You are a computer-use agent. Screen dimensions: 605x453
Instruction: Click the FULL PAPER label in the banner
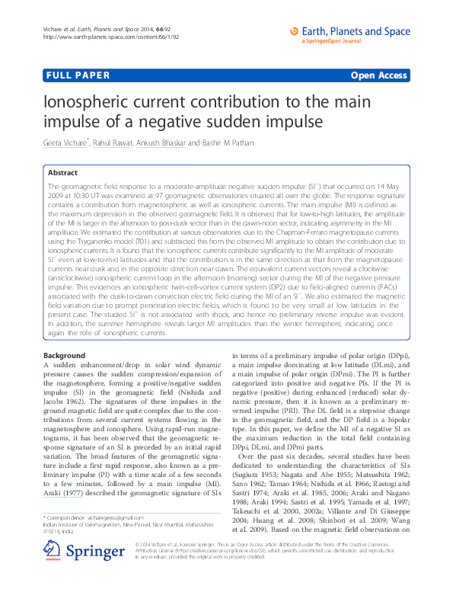coord(78,75)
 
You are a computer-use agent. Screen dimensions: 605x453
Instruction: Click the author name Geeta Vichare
coord(68,142)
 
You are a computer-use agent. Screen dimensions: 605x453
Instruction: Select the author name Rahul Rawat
coord(112,142)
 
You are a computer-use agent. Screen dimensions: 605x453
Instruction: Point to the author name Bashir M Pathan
coord(226,142)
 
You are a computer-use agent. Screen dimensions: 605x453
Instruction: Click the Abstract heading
coord(62,173)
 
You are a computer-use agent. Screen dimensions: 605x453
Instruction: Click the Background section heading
coord(64,356)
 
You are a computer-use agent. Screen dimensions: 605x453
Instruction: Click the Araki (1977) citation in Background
coord(64,492)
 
